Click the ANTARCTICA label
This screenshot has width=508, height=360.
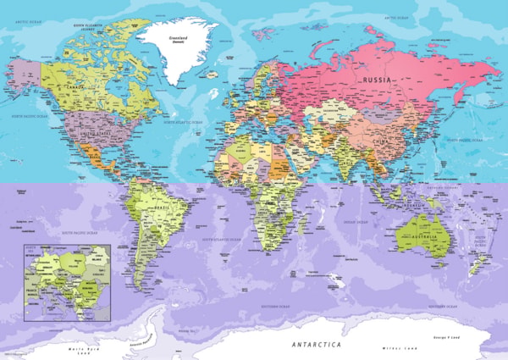coord(317,346)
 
